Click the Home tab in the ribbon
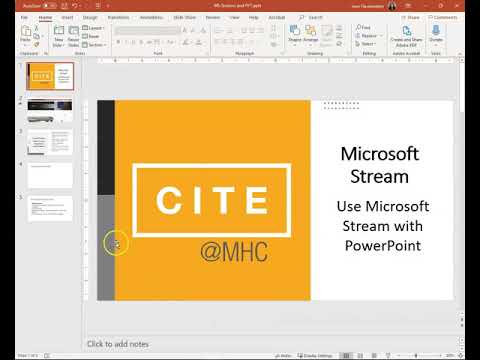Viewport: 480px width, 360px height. (46, 17)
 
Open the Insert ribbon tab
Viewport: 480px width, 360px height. (66, 17)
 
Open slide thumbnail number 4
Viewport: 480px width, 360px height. (50, 175)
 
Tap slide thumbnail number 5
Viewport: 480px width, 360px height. (50, 207)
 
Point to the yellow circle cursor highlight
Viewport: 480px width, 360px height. (116, 243)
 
